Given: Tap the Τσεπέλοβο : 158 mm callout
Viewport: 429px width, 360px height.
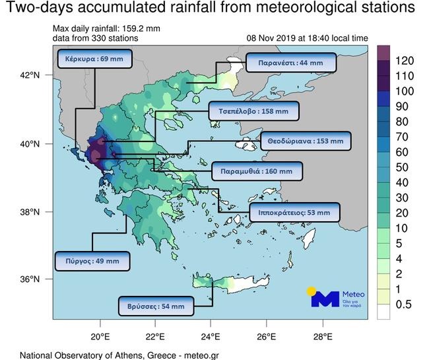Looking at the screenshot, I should [253, 112].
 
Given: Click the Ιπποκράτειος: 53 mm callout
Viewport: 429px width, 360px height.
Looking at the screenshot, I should [294, 213].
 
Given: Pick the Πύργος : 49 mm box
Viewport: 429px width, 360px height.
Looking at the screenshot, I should [92, 260].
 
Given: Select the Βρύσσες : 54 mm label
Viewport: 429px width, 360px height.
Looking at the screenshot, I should [156, 306].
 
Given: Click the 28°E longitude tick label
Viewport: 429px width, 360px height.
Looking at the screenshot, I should [322, 334].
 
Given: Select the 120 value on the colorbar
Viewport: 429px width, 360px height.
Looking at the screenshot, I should [404, 61].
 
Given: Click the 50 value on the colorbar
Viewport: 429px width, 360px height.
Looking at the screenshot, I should [404, 167].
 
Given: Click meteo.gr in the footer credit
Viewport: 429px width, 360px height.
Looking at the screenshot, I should [195, 355].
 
